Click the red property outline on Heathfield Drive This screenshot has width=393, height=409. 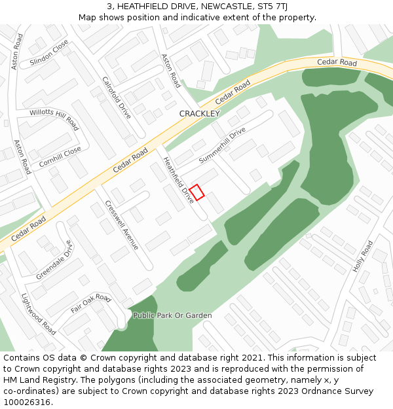(197, 192)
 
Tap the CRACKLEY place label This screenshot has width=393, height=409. (200, 114)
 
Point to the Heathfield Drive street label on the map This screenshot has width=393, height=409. (179, 179)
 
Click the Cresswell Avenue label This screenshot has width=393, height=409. (122, 225)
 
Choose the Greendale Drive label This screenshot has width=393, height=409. (54, 260)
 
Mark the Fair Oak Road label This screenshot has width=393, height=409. (91, 302)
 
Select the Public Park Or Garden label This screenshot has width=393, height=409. (172, 315)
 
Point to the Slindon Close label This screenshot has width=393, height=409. (49, 53)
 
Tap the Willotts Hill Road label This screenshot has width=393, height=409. (54, 119)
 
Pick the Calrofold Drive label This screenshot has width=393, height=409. (117, 98)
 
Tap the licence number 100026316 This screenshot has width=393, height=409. (28, 402)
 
